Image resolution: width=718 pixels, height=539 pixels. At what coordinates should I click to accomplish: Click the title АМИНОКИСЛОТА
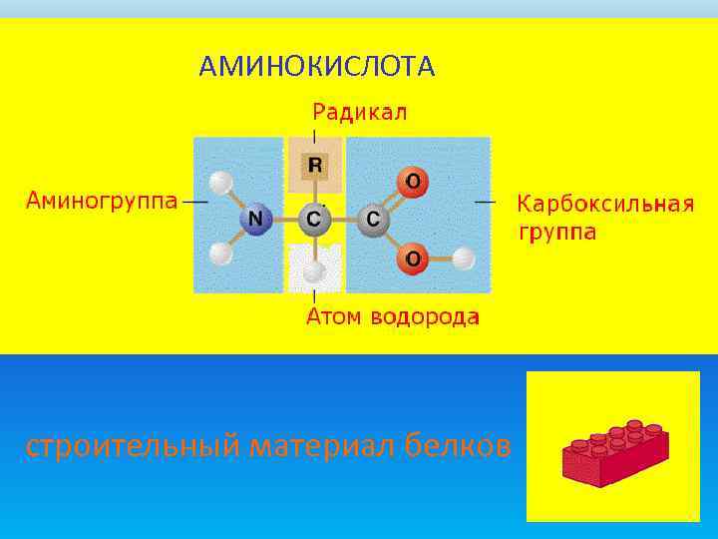tap(316, 67)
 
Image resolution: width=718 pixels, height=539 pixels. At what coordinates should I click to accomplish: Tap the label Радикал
tap(360, 112)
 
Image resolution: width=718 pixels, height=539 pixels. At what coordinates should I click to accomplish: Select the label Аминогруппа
tap(101, 200)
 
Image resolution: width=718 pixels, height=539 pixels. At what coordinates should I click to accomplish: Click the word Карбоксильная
tap(604, 205)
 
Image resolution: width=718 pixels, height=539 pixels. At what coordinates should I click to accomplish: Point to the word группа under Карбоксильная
tap(557, 234)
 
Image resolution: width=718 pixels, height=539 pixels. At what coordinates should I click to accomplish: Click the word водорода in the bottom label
tap(425, 317)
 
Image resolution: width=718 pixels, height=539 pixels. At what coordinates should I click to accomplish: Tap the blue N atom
tap(256, 219)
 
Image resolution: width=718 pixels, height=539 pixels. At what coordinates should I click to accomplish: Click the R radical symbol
tap(315, 165)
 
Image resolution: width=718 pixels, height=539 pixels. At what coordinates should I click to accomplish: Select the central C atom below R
tap(314, 219)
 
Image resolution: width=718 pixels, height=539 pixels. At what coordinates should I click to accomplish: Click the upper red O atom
tap(412, 183)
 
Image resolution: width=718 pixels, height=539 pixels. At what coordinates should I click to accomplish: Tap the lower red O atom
tap(412, 260)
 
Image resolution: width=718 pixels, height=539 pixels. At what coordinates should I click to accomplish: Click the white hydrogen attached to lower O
tap(464, 260)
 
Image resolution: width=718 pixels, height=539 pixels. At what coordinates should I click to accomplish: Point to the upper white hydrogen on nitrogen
tap(221, 183)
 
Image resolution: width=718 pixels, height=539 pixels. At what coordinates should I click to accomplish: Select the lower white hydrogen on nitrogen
tap(221, 254)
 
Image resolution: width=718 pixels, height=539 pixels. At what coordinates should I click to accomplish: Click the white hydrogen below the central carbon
tap(314, 269)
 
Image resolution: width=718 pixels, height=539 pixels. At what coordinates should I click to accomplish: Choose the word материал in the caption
tap(322, 446)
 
